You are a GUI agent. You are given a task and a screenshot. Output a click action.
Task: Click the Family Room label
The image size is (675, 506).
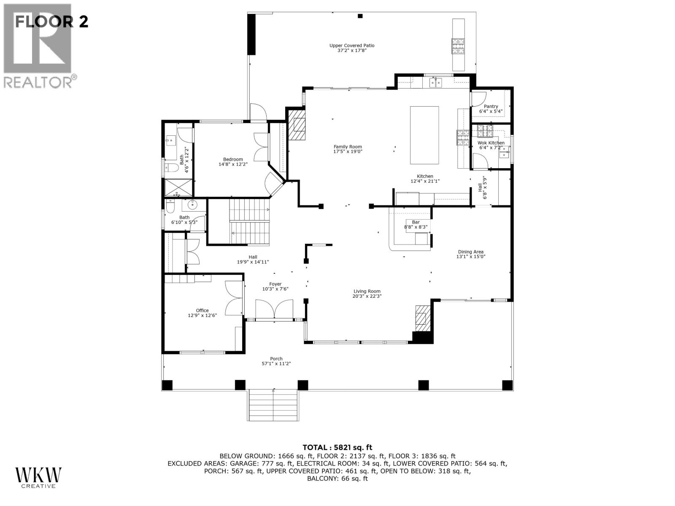(348, 147)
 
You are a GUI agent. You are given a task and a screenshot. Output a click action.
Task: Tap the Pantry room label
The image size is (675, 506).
(491, 107)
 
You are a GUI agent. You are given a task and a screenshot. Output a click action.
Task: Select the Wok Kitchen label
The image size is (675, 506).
(491, 143)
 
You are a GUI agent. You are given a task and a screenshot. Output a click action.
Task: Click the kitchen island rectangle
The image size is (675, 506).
(424, 135)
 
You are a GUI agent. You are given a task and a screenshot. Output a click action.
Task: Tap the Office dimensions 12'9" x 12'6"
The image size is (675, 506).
(202, 315)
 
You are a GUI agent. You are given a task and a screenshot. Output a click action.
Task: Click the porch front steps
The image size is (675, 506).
(273, 405)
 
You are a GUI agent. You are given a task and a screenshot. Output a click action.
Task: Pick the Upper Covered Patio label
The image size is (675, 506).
(352, 46)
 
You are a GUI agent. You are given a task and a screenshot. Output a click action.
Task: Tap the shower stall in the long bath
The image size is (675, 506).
(178, 187)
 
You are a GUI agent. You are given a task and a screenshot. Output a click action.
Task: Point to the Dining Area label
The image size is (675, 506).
(470, 252)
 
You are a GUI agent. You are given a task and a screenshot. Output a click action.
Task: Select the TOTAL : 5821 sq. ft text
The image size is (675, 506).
(337, 447)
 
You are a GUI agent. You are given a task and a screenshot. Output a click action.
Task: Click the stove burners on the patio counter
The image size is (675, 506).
(458, 47)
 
